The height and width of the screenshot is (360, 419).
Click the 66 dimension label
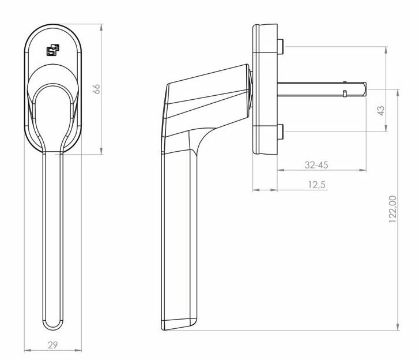pos(97,88)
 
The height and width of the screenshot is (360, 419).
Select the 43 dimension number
pos(380,111)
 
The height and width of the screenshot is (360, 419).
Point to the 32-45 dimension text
pos(316,164)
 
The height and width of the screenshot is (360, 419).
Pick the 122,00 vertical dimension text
pos(393,208)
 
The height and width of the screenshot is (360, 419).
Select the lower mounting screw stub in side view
pos(280,132)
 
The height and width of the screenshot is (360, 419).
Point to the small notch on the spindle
pos(344,93)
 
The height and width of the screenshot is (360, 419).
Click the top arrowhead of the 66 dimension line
pos(101,26)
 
